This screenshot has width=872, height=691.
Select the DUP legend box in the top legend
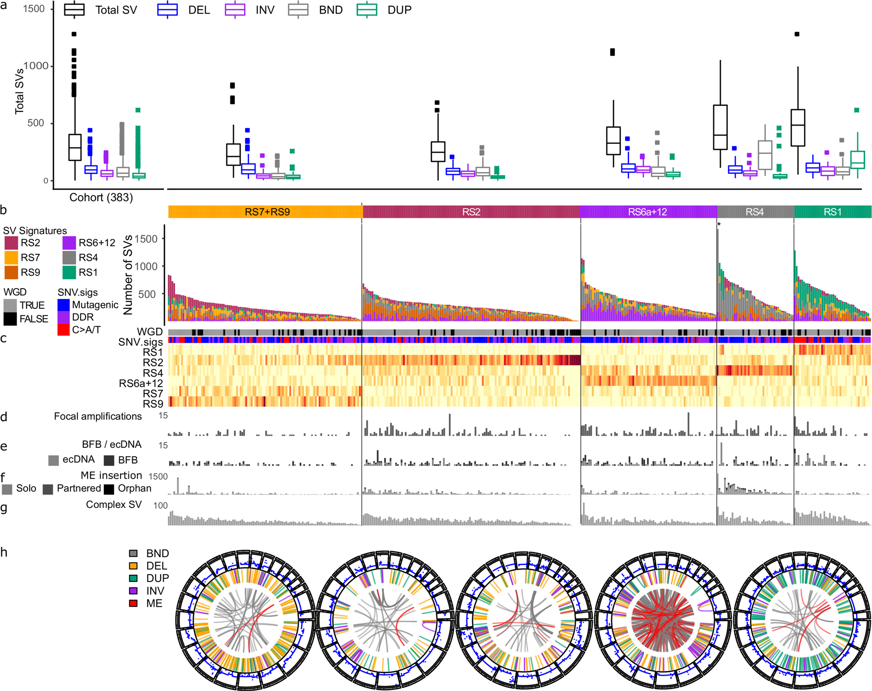click(x=367, y=10)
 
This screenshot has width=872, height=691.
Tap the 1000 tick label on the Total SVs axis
click(x=36, y=66)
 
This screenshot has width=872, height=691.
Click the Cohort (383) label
click(x=101, y=197)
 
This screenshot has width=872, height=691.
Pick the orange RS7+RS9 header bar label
click(x=267, y=212)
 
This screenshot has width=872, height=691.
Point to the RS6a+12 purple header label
click(x=647, y=212)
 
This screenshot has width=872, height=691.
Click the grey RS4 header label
click(x=755, y=212)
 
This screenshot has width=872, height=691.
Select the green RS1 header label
click(x=832, y=212)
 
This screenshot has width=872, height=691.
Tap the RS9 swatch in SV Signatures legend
click(x=11, y=272)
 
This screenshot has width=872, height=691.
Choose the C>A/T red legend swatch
click(x=63, y=330)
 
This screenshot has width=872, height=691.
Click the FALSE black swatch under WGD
click(x=10, y=319)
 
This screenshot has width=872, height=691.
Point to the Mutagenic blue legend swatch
click(x=63, y=305)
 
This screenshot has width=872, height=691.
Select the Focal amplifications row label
click(x=98, y=416)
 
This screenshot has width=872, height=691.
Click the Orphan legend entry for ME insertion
click(x=109, y=489)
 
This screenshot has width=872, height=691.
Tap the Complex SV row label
click(x=114, y=504)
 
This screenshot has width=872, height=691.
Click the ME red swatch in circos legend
click(x=134, y=603)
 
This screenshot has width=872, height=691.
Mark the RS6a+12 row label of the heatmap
click(x=141, y=384)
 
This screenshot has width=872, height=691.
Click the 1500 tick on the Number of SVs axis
click(x=146, y=239)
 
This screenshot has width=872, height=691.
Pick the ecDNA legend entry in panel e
click(x=54, y=460)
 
